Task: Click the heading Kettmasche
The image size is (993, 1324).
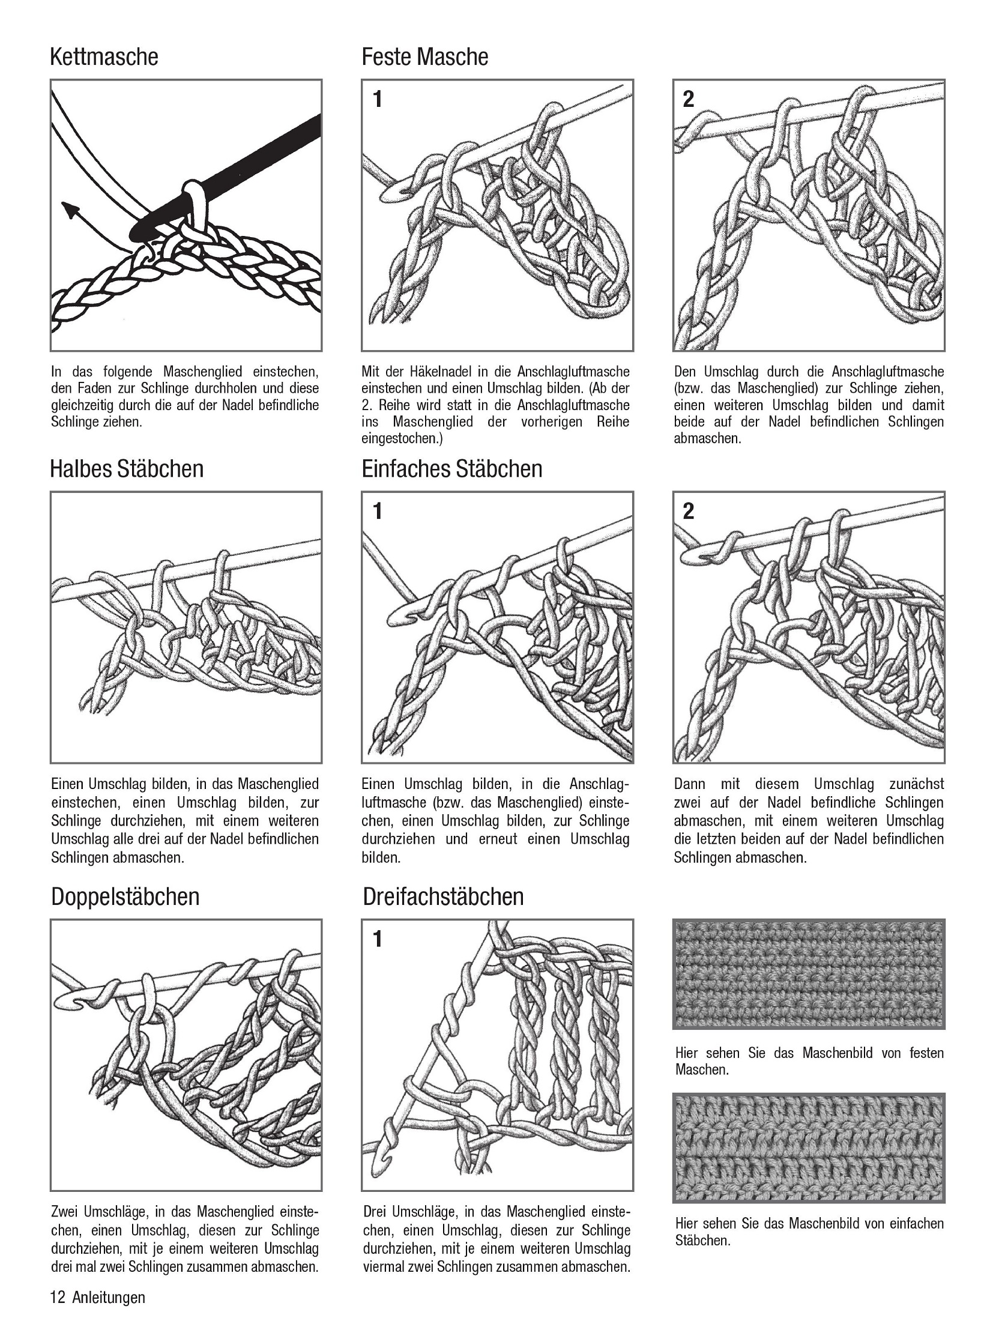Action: coord(104,57)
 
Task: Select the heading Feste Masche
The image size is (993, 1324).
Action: coord(424,57)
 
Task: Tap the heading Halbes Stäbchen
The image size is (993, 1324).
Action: coord(127,469)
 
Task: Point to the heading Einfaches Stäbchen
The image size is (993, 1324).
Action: coord(451,469)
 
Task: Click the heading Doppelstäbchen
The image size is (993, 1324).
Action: coord(125,897)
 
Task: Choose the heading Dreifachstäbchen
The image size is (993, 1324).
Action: coord(443,897)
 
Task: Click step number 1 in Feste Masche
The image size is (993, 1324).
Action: coord(377,99)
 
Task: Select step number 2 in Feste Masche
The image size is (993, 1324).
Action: coord(689,99)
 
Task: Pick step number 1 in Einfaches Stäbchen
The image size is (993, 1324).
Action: coord(377,512)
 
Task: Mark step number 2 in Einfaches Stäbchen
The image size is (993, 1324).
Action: coord(689,512)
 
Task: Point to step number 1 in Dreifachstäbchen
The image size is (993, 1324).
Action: coord(377,939)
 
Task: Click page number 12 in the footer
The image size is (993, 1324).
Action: coord(58,1297)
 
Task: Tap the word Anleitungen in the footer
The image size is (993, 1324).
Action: coord(109,1297)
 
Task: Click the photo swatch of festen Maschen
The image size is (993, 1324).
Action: coord(808,973)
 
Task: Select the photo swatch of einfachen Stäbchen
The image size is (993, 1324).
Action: coord(808,1148)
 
